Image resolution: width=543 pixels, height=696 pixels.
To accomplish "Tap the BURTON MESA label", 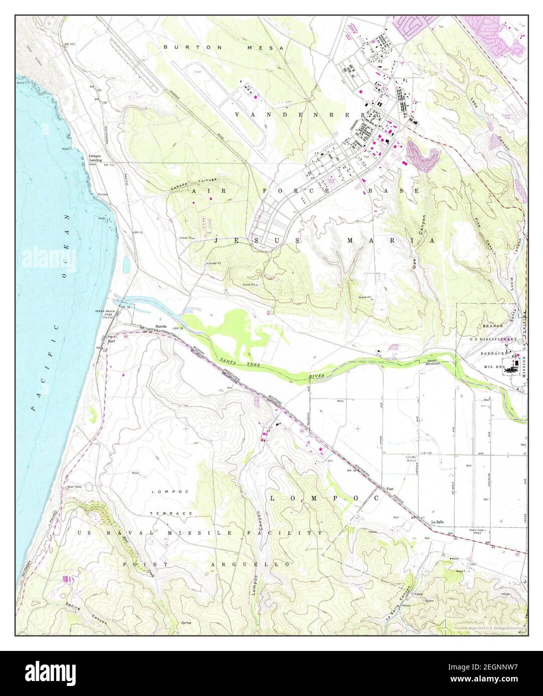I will coord(223,47).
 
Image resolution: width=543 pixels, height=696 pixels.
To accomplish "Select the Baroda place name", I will coord(161,326).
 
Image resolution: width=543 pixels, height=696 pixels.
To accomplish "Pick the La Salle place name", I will coord(439,522).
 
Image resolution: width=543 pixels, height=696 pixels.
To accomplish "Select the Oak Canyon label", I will coord(419,242).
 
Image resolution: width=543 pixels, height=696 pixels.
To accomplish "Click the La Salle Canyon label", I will coord(403,602).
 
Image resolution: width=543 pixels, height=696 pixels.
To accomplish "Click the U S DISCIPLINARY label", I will coord(493,339).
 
